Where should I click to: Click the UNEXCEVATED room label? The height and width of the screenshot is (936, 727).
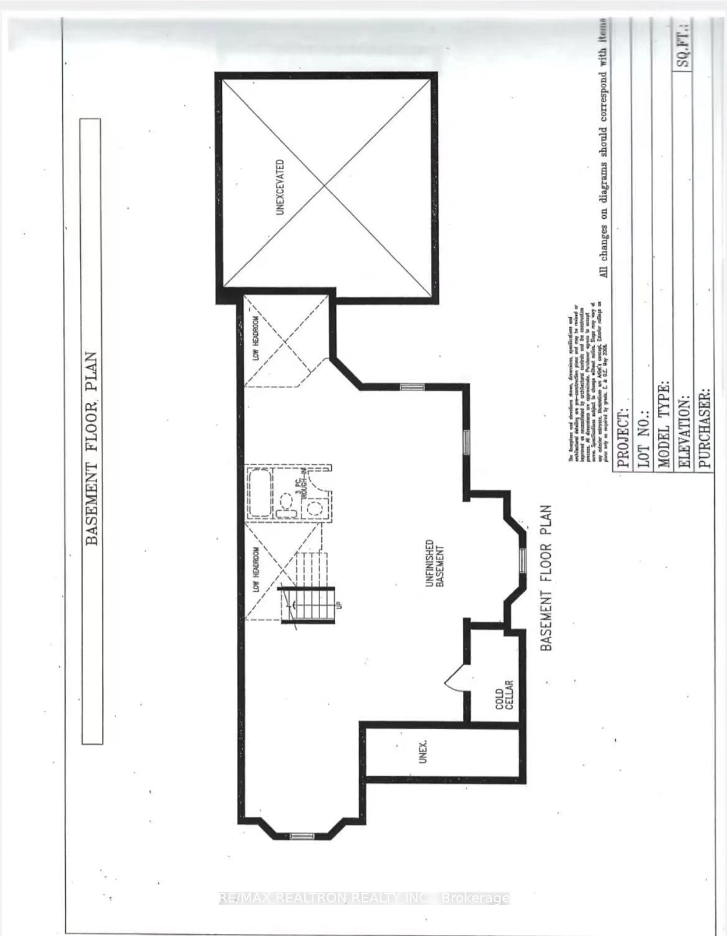(280, 187)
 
